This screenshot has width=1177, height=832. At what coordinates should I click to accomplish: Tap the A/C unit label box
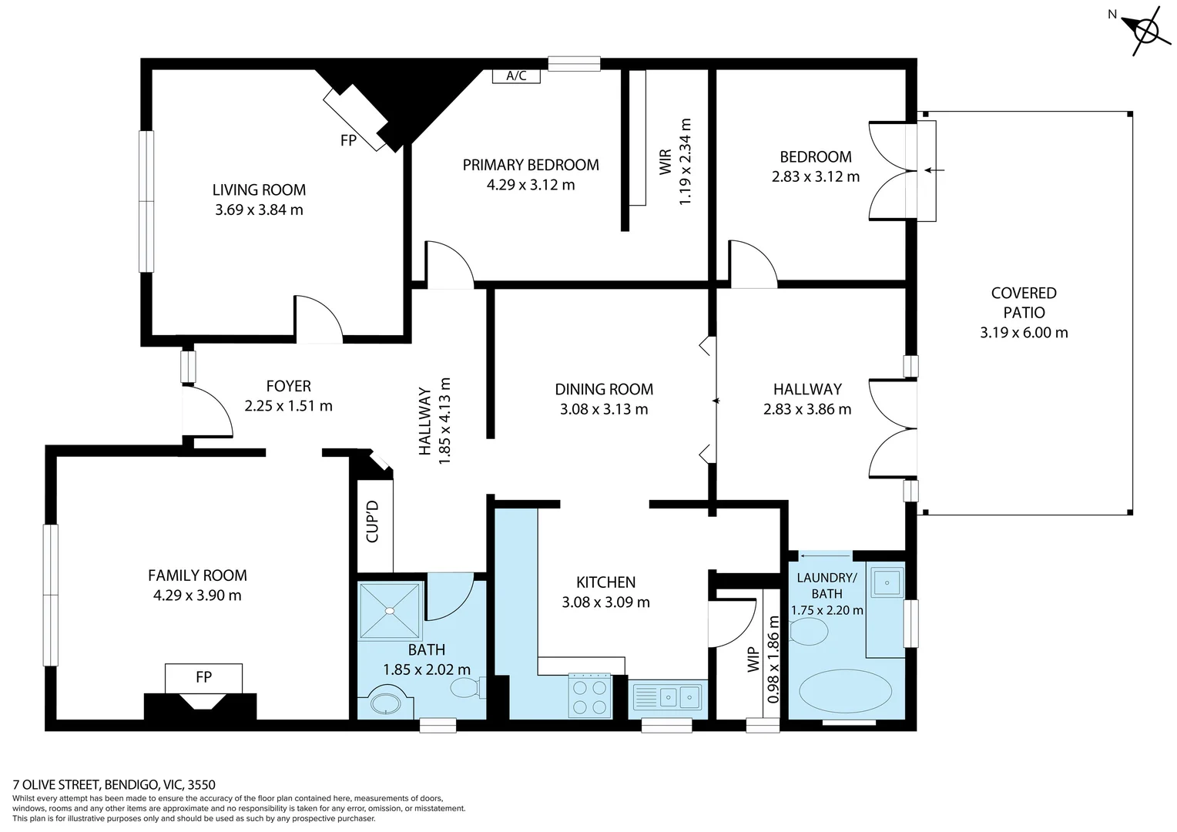[x=516, y=75]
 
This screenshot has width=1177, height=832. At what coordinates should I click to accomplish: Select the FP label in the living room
[x=348, y=141]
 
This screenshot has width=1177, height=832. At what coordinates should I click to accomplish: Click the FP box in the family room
[x=203, y=677]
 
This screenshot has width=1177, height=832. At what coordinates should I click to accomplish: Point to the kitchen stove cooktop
[x=589, y=695]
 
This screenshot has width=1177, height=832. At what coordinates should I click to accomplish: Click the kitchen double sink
[x=668, y=696]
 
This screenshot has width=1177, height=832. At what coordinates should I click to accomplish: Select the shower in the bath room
[x=391, y=610]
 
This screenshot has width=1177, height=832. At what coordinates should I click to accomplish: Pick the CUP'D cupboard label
[x=373, y=522]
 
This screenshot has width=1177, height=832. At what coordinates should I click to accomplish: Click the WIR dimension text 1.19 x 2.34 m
[x=685, y=161]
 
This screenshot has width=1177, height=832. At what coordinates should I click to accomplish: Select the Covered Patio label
[x=1023, y=303]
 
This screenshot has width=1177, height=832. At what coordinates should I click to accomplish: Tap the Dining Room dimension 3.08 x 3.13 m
[x=604, y=409]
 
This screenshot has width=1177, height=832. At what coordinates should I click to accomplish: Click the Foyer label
[x=288, y=386]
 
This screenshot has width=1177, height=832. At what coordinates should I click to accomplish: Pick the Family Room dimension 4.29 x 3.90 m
[x=197, y=595]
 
